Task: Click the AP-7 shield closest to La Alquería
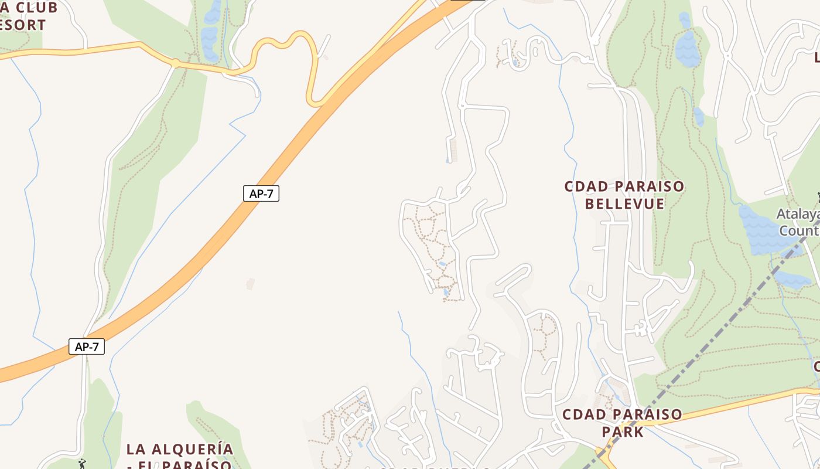point(87,346)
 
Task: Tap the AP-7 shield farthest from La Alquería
point(261,193)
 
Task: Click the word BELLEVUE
point(624,204)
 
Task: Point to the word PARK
point(623,432)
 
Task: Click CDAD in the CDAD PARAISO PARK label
point(582,414)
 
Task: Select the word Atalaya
point(798,214)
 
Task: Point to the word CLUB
point(36,8)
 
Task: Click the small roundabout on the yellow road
point(175,62)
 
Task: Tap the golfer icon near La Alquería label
point(82,464)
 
